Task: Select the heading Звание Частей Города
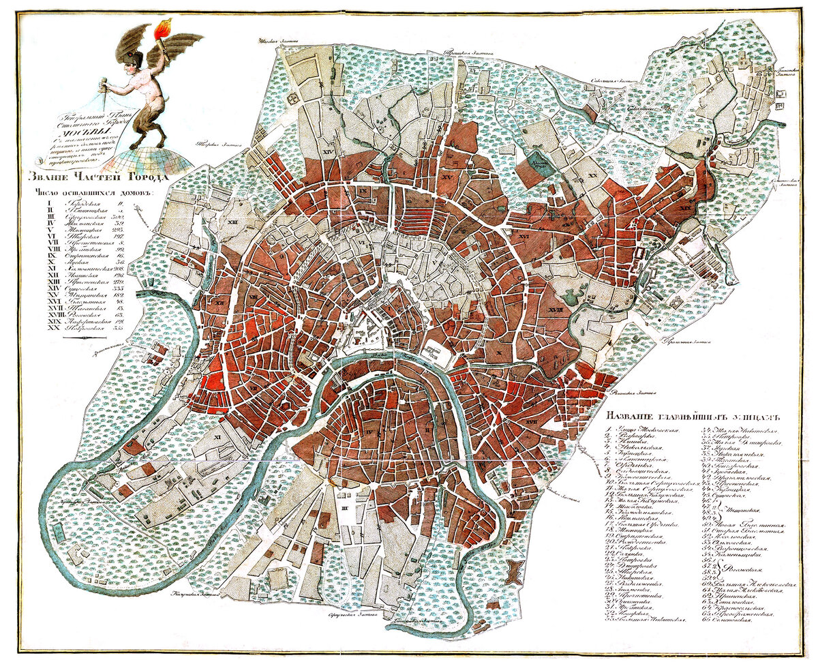click(x=95, y=178)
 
